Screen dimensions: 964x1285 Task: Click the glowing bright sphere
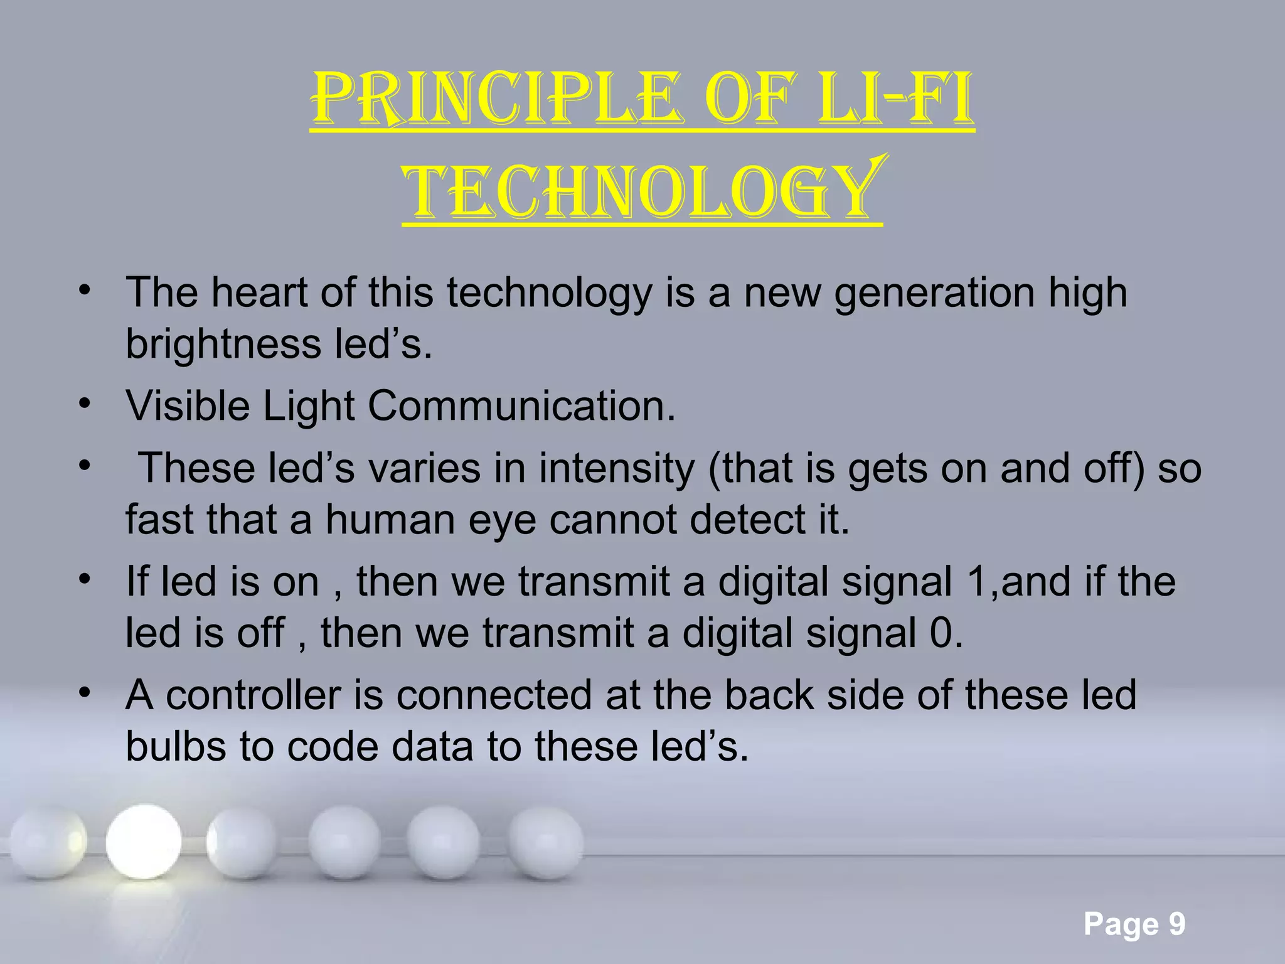tap(144, 841)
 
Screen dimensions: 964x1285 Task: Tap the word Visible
tap(188, 406)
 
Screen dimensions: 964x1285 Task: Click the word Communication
tap(521, 406)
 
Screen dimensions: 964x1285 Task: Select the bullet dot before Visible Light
tap(85, 405)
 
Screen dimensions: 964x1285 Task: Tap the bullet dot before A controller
tap(85, 694)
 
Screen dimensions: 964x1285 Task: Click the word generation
tap(934, 292)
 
